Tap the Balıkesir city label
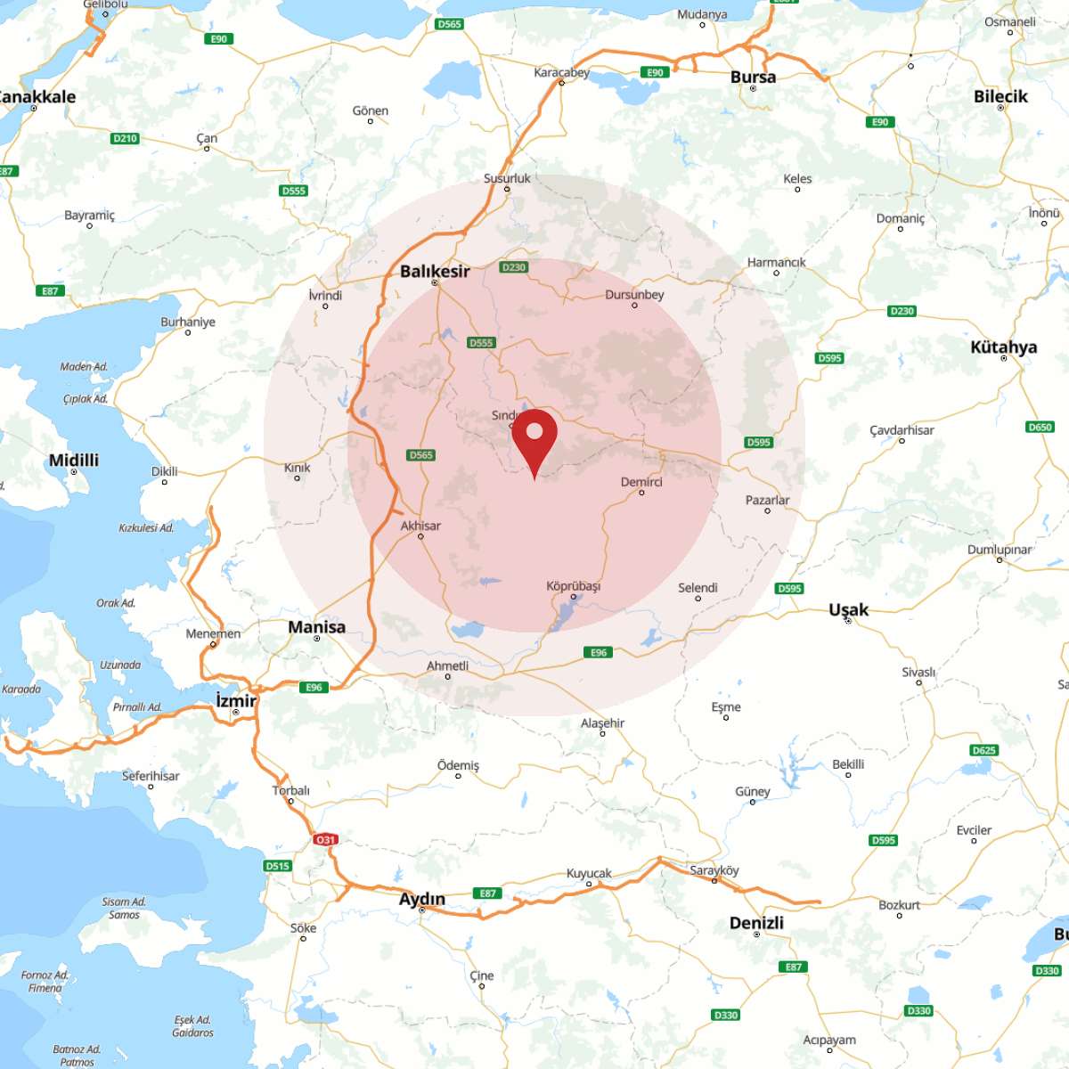pyautogui.click(x=435, y=271)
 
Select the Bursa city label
pyautogui.click(x=753, y=77)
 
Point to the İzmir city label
pyautogui.click(x=236, y=701)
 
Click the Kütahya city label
pyautogui.click(x=1003, y=347)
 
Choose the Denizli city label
pyautogui.click(x=756, y=922)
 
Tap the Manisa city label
pyautogui.click(x=316, y=626)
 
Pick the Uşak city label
pyautogui.click(x=848, y=609)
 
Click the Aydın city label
pyautogui.click(x=421, y=898)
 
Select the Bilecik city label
pyautogui.click(x=1000, y=96)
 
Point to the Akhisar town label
pyautogui.click(x=420, y=526)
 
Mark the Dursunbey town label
pyautogui.click(x=634, y=295)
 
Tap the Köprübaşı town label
pyautogui.click(x=574, y=586)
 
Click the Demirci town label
pyautogui.click(x=641, y=482)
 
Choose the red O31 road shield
pyautogui.click(x=325, y=839)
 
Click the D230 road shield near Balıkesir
pyautogui.click(x=514, y=267)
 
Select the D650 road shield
pyautogui.click(x=1040, y=427)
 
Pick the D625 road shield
pyautogui.click(x=983, y=750)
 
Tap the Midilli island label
pyautogui.click(x=74, y=460)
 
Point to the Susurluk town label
pyautogui.click(x=507, y=178)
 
